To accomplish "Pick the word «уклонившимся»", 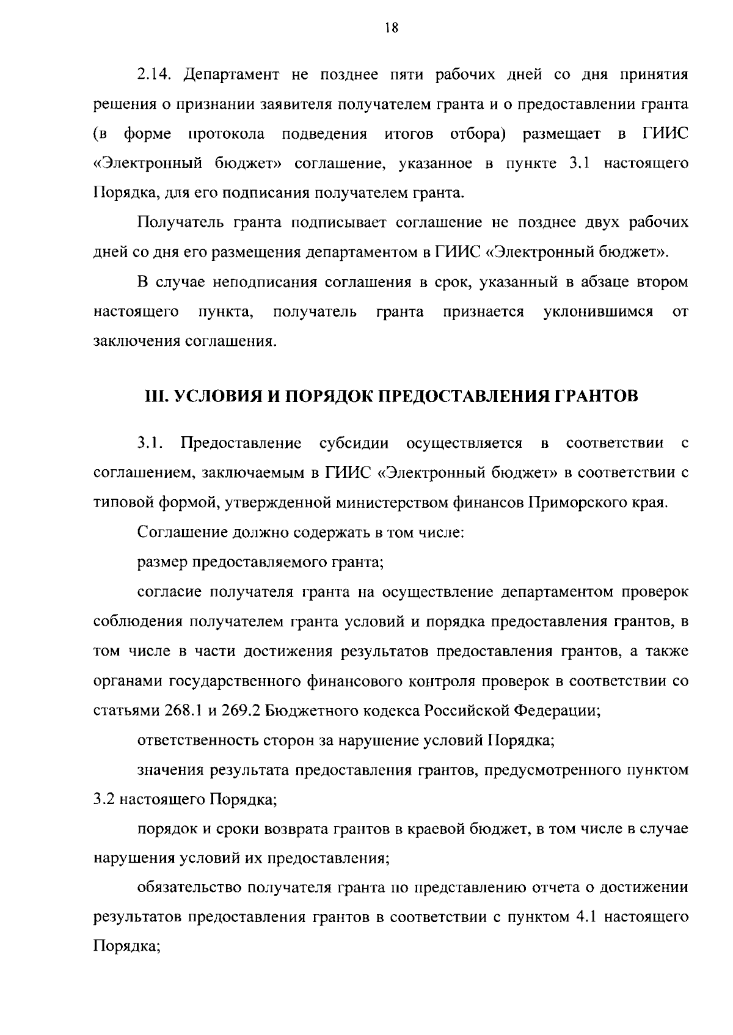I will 598,312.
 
